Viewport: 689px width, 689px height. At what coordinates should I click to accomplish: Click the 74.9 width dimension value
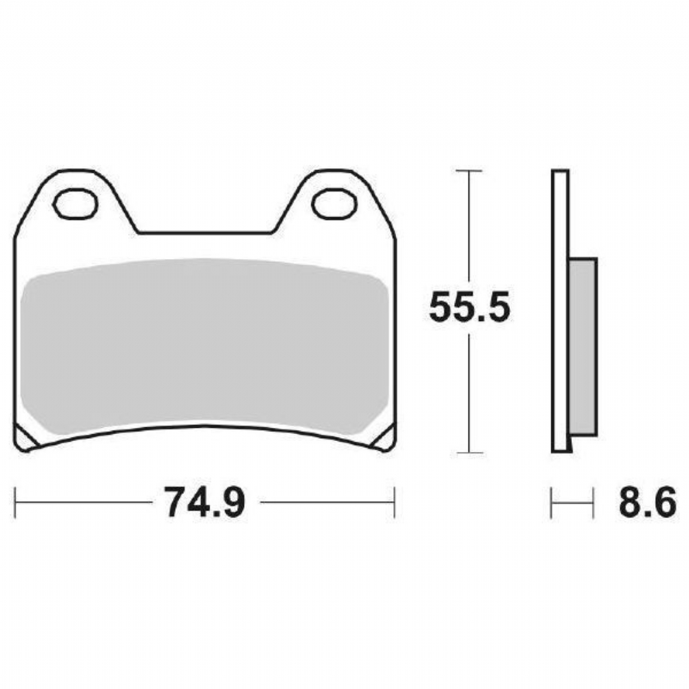[x=205, y=502]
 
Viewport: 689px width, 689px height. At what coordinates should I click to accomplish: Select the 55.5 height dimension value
[x=469, y=307]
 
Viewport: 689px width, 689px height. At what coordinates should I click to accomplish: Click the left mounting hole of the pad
[x=74, y=203]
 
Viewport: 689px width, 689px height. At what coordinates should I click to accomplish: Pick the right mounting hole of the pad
[x=334, y=203]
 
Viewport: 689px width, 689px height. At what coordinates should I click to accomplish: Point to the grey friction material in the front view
[x=205, y=347]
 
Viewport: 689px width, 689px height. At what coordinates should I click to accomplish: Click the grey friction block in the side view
[x=583, y=347]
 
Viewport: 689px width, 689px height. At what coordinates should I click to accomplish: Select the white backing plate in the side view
[x=560, y=311]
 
